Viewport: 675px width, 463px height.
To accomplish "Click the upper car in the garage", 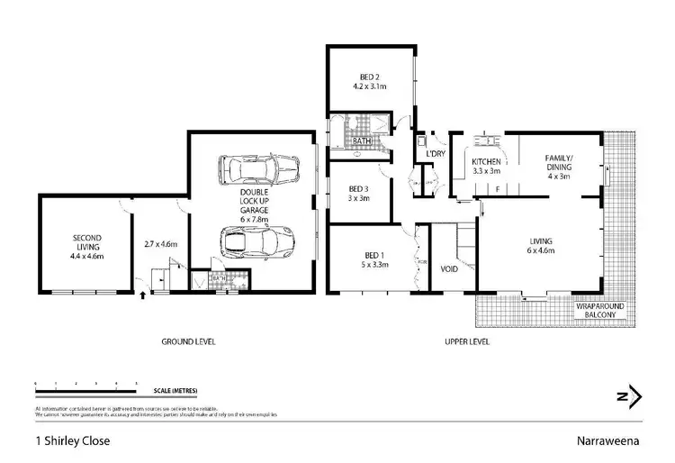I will [258, 168].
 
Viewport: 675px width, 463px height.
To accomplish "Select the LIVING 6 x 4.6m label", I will [540, 246].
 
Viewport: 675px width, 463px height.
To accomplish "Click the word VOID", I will [450, 269].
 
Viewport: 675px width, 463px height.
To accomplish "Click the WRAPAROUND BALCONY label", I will [603, 313].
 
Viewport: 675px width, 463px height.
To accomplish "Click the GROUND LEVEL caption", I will [187, 342].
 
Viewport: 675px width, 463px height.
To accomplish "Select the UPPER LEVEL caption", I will [466, 342].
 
